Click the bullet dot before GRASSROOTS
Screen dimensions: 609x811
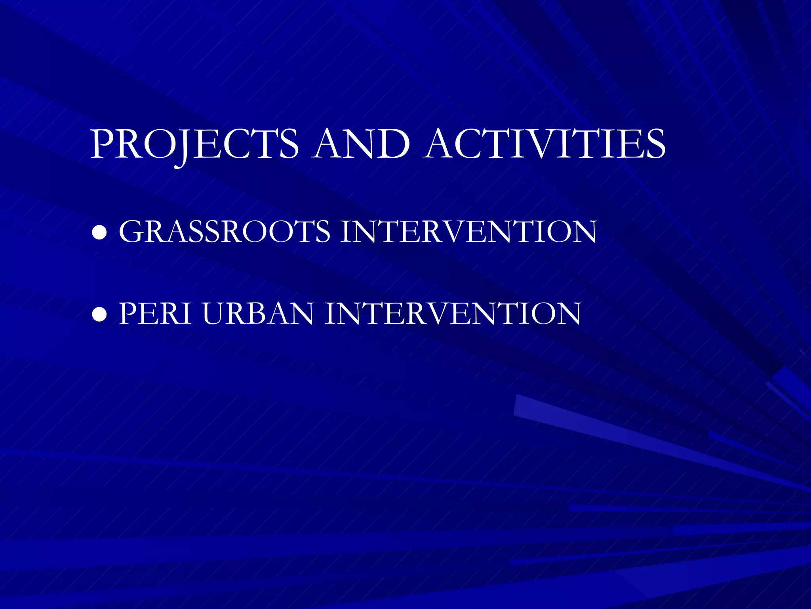tap(99, 233)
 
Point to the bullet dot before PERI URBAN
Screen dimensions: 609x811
tap(99, 314)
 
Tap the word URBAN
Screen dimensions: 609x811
tap(258, 314)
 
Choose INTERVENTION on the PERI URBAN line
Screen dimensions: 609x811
tap(453, 314)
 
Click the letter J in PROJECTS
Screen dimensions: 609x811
tap(183, 147)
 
